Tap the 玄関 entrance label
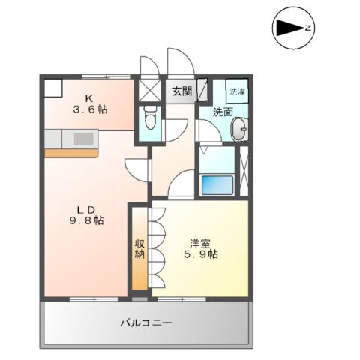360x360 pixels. coord(181,91)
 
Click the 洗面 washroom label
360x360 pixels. coord(221,113)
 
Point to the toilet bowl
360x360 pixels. coord(149,118)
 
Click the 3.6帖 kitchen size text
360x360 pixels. coord(89,109)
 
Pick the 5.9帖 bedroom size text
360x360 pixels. coord(201,255)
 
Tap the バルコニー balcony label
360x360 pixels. coord(147,323)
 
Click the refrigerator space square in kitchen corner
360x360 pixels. coord(52,87)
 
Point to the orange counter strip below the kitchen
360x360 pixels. coord(71,152)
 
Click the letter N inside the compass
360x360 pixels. coord(307,28)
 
